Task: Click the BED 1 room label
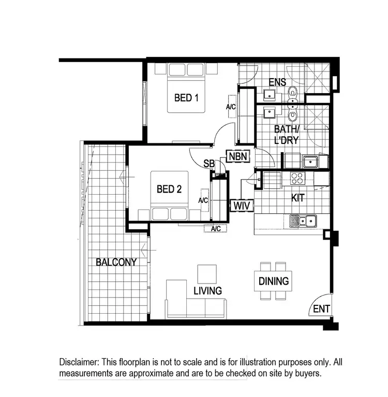(x=186, y=97)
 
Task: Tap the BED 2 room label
(x=169, y=189)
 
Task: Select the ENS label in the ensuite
(x=277, y=82)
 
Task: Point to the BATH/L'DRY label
(x=286, y=134)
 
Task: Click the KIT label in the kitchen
(x=297, y=198)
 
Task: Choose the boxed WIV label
(x=242, y=205)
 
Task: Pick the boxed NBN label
(x=238, y=156)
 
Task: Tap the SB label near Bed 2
(x=209, y=164)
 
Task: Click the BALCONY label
(x=116, y=262)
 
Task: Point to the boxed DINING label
(x=274, y=282)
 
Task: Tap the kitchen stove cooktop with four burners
(x=297, y=178)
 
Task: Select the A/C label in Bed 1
(x=231, y=107)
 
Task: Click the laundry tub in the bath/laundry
(x=310, y=162)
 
